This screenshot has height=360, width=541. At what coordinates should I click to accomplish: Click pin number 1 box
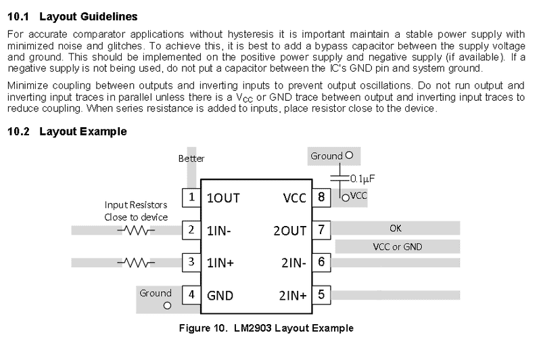pyautogui.click(x=191, y=198)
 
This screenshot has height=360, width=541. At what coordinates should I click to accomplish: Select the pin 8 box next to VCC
pyautogui.click(x=321, y=198)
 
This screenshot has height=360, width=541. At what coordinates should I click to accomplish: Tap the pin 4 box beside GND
pyautogui.click(x=191, y=294)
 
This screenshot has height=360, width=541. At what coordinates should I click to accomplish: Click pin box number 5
pyautogui.click(x=321, y=294)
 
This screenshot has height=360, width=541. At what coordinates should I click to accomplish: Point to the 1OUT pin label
pyautogui.click(x=224, y=198)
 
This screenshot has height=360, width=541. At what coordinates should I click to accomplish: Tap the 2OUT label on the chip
pyautogui.click(x=289, y=230)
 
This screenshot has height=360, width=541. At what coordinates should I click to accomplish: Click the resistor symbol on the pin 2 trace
pyautogui.click(x=135, y=230)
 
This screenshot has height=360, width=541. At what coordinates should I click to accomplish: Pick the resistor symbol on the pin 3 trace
pyautogui.click(x=135, y=262)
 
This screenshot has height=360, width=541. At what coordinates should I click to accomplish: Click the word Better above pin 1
pyautogui.click(x=191, y=158)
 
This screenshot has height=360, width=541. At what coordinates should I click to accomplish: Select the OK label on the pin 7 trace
pyautogui.click(x=396, y=228)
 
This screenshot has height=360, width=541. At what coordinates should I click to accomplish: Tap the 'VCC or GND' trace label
pyautogui.click(x=398, y=246)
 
